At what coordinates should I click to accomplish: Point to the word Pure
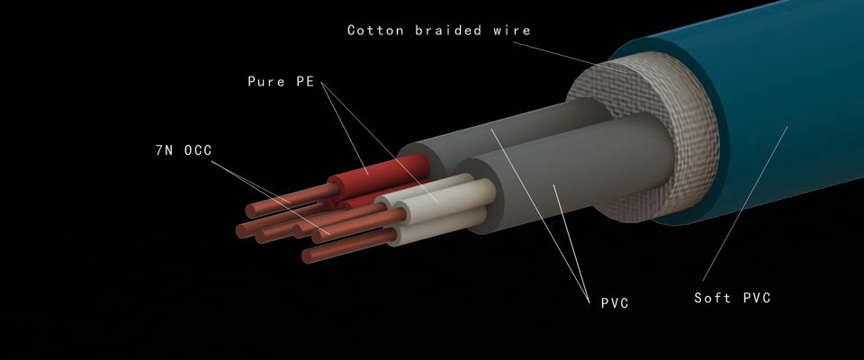pos(266,82)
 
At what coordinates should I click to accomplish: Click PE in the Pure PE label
pos(305,82)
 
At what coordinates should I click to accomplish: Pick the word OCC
pos(198,150)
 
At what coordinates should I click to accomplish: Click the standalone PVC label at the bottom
pos(615,302)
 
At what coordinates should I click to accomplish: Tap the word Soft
pos(713,298)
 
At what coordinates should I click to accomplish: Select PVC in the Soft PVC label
pos(757,298)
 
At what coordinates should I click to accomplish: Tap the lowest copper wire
pos(349,246)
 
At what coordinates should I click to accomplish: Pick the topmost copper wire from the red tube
pos(292,200)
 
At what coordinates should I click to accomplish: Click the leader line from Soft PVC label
pos(745,203)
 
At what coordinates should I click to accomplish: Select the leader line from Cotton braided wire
pos(571,57)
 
